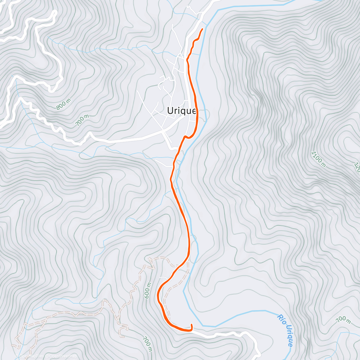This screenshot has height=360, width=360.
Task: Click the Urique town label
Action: click(181, 111)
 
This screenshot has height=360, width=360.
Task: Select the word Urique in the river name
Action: click(289, 336)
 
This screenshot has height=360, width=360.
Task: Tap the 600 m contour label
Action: click(147, 290)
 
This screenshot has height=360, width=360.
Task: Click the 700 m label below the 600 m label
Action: click(147, 343)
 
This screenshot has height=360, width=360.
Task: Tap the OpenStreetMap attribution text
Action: click(61, 356)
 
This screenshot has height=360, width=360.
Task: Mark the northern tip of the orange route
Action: click(202, 29)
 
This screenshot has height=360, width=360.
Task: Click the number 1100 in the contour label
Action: click(317, 157)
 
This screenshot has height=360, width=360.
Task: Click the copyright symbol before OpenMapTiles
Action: click(17, 356)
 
